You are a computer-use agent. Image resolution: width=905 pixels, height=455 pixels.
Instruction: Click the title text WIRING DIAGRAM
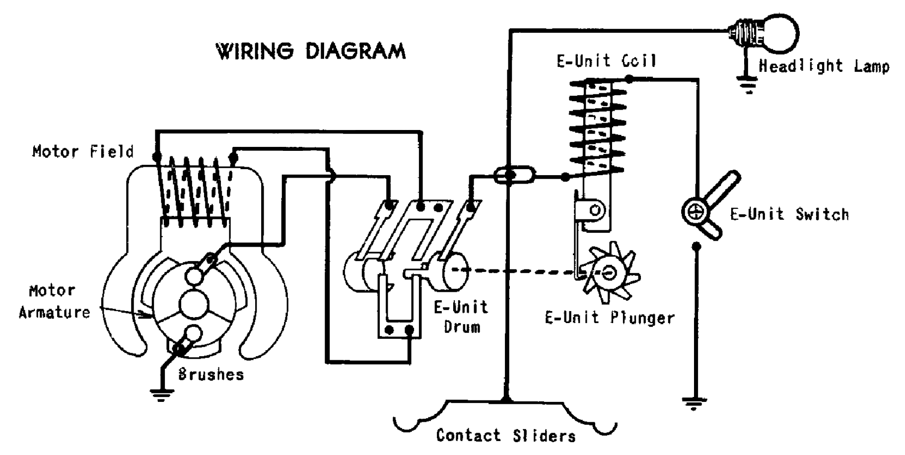click(x=310, y=51)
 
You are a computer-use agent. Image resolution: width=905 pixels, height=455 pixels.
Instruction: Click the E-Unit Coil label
click(x=606, y=61)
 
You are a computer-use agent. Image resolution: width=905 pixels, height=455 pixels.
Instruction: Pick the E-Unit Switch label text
click(x=789, y=214)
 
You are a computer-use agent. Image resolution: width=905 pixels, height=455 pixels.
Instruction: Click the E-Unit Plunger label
click(x=610, y=318)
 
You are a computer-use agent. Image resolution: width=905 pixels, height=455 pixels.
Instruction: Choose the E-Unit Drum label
click(x=461, y=317)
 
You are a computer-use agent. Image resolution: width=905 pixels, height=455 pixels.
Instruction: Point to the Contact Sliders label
click(x=506, y=436)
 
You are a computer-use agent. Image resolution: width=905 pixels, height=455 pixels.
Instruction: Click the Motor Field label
click(x=83, y=151)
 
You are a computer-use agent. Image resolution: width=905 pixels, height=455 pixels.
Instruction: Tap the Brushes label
click(x=211, y=375)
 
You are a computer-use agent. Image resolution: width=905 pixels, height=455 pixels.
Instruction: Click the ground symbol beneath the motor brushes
click(x=162, y=394)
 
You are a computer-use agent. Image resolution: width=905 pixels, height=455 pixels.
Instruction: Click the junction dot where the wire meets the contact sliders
click(x=506, y=398)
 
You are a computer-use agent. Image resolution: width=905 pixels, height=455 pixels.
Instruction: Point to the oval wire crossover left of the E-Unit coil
click(x=515, y=175)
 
